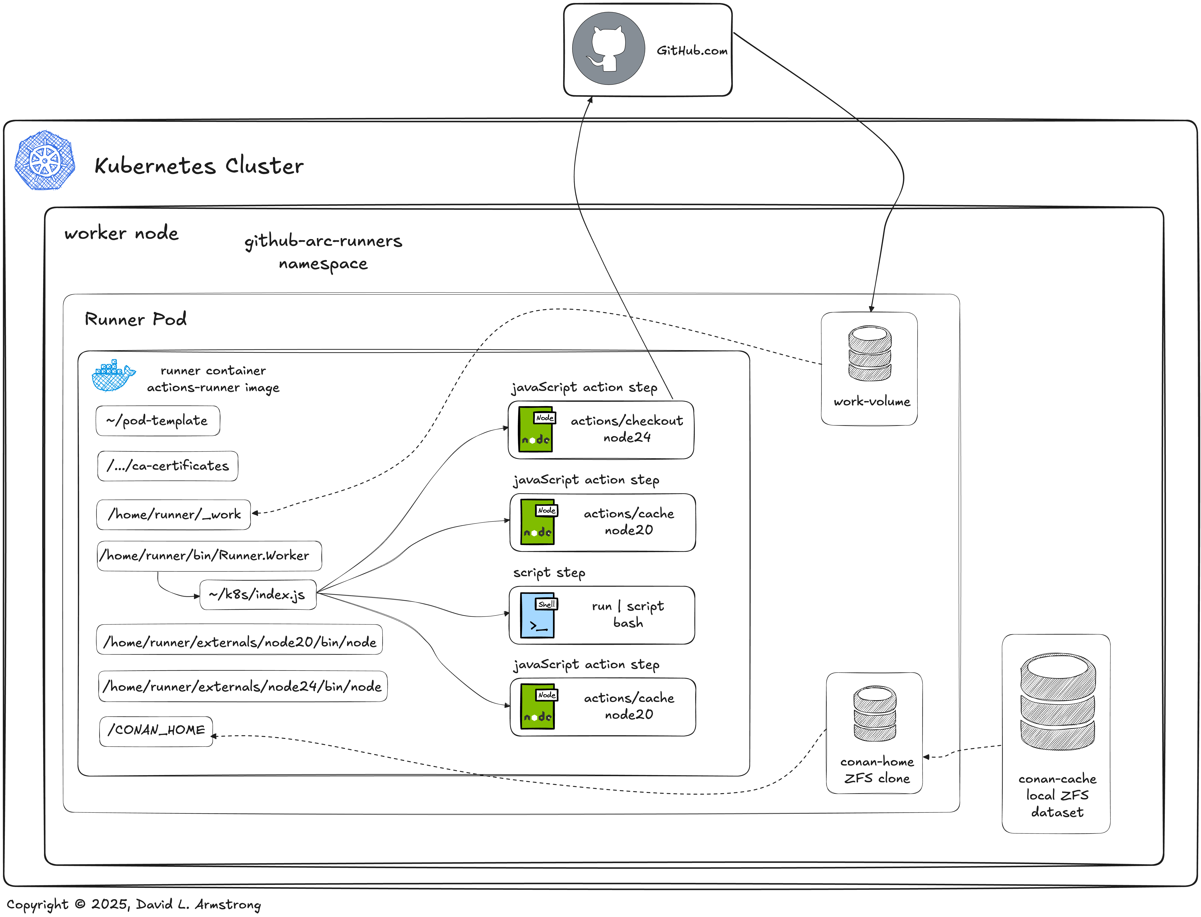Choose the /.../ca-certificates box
167,466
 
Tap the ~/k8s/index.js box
258,594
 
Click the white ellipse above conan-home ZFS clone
875,694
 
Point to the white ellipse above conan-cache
1057,667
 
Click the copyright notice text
134,905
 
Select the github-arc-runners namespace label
323,252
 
